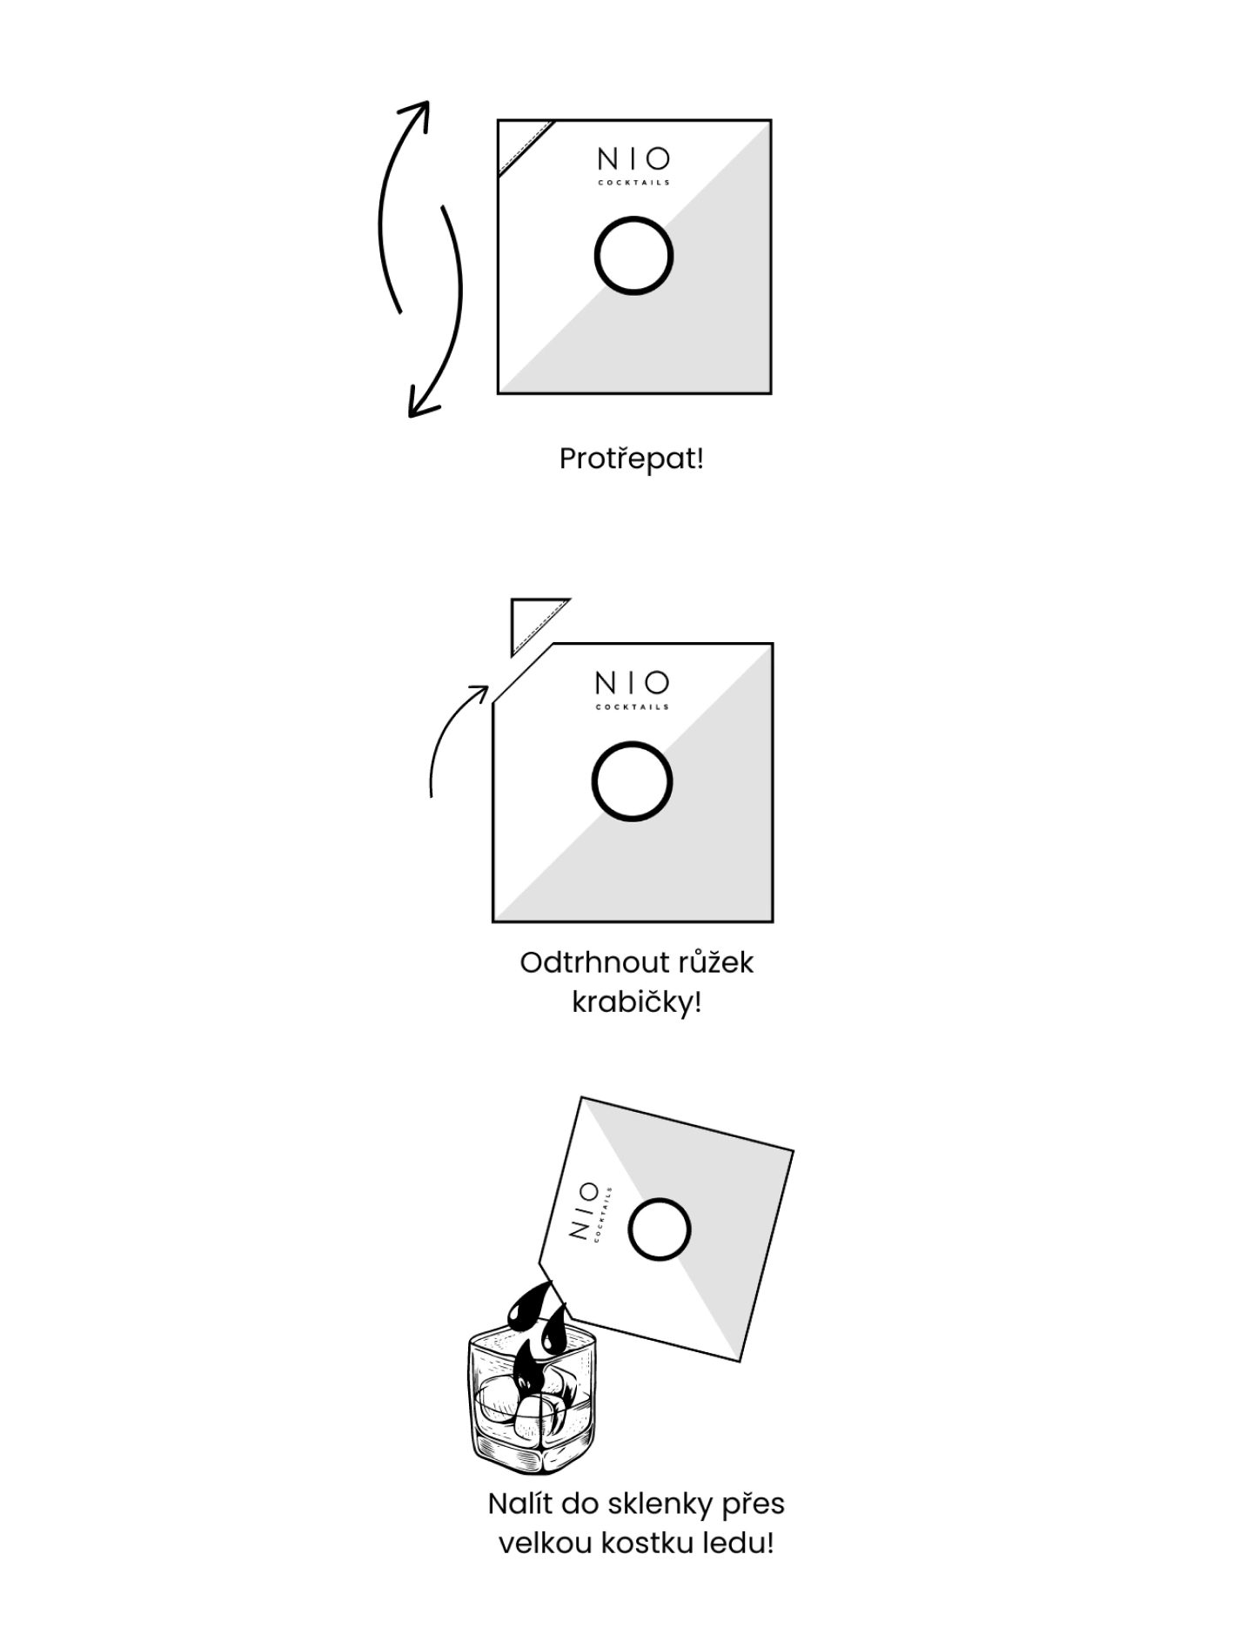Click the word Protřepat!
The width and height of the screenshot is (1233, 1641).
pos(631,459)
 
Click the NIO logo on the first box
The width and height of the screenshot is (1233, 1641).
pos(633,165)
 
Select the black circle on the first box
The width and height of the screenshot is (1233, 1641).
pos(596,257)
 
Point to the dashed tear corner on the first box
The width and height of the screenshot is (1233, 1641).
pos(526,148)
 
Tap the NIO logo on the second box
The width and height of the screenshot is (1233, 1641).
pos(633,689)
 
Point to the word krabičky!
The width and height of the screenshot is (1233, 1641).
pos(636,1002)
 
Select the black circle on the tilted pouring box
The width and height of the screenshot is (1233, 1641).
pos(629,1229)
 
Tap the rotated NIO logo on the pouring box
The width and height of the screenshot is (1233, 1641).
pos(590,1213)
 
